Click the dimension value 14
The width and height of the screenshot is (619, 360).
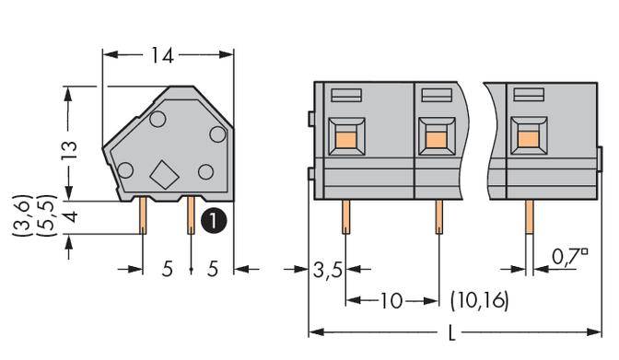tap(166, 55)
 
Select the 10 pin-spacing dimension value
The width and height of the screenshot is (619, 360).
tap(391, 301)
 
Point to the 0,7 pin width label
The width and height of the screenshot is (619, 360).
tap(570, 256)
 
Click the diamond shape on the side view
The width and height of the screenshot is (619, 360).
tap(164, 174)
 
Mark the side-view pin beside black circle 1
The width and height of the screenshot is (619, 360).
tap(191, 216)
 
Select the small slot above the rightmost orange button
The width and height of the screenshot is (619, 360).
tap(527, 94)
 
